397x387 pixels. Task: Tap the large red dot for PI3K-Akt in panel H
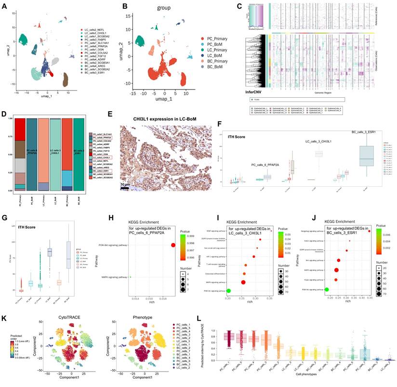tap(172, 245)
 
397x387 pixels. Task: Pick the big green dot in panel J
tap(327, 289)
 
